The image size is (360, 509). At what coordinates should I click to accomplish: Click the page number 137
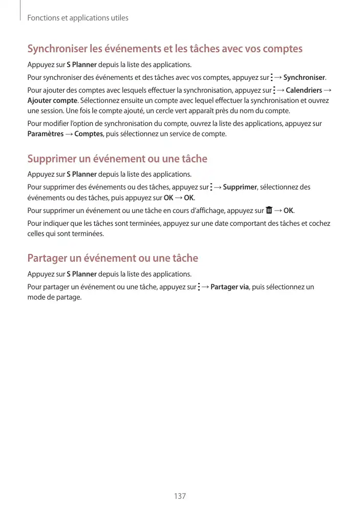[x=180, y=496]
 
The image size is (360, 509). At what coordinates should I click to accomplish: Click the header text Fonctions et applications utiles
[x=78, y=18]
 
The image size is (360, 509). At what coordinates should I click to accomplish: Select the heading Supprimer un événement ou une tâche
[x=117, y=159]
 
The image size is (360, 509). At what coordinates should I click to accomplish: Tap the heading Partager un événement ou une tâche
[x=113, y=258]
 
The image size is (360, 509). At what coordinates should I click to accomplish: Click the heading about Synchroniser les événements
[x=165, y=49]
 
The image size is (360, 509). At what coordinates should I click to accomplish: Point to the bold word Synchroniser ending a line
[x=304, y=78]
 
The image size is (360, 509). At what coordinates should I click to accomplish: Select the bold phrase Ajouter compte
[x=52, y=100]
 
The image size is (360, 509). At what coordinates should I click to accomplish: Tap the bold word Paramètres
[x=45, y=134]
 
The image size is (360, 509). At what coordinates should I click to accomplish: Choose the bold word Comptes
[x=89, y=134]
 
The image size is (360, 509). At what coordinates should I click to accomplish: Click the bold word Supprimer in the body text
[x=240, y=187]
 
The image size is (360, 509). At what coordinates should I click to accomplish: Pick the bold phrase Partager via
[x=229, y=287]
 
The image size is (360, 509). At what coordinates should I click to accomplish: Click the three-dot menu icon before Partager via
[x=199, y=287]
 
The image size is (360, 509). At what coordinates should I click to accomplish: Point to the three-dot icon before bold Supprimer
[x=211, y=187]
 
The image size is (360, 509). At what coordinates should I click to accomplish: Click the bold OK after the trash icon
[x=288, y=210]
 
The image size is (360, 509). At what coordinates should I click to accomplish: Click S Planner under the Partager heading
[x=85, y=274]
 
